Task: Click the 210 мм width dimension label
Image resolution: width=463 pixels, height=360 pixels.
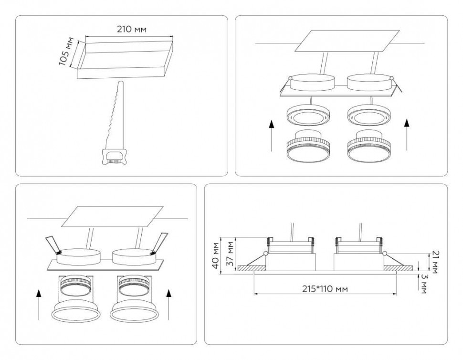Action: pos(132,29)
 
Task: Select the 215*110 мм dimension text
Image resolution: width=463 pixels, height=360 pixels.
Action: pos(325,288)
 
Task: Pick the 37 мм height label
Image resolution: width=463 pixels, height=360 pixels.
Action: pos(230,254)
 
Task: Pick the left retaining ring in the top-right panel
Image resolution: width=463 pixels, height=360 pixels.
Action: pos(306,116)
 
